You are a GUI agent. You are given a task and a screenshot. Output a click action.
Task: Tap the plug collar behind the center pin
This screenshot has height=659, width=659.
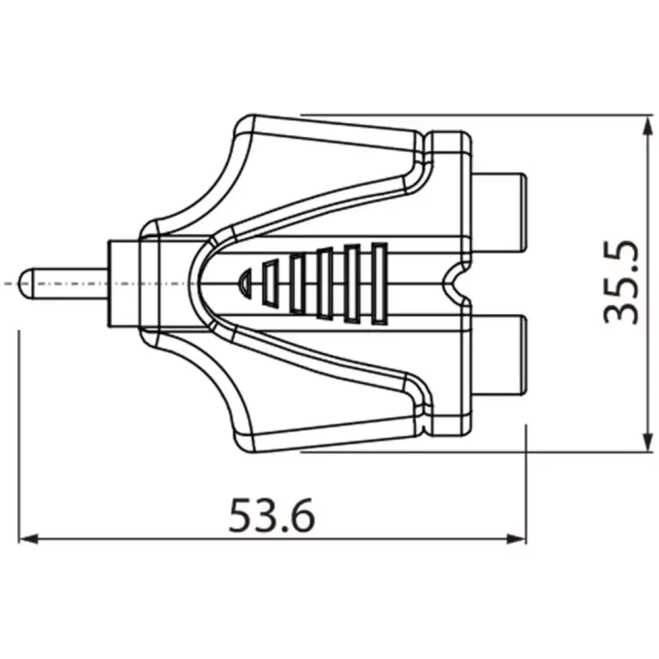(x=124, y=283)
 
